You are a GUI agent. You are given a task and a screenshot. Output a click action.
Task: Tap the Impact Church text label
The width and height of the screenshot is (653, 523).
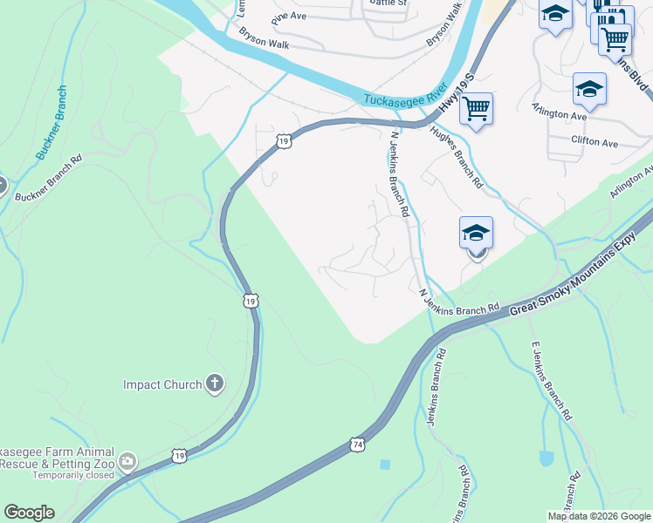click(x=162, y=384)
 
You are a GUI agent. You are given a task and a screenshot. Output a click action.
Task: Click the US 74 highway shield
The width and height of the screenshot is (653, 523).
click(x=358, y=445)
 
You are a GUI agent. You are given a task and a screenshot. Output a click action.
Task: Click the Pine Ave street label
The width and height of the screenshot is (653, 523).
click(x=289, y=17)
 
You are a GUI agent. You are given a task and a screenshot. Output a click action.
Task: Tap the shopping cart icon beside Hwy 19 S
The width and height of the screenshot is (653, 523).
click(x=476, y=109)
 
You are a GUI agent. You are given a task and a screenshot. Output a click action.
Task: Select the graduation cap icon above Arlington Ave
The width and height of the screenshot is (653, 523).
click(x=589, y=89)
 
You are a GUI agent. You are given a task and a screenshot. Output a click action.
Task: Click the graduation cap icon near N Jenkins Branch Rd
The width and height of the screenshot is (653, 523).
click(x=476, y=233)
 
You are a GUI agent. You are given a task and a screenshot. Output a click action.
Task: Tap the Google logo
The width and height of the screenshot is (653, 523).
click(x=28, y=513)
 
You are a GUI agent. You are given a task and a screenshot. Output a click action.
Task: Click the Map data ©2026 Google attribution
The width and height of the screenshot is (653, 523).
click(x=599, y=516)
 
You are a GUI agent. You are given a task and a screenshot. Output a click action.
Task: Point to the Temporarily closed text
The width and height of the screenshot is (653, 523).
click(x=73, y=475)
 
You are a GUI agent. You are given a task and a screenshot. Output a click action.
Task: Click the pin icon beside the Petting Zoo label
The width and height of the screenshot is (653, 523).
click(x=127, y=461)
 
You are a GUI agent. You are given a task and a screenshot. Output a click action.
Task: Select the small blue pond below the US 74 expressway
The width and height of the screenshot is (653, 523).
click(x=385, y=465)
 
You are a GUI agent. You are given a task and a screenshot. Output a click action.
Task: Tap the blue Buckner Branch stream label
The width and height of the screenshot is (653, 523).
click(x=51, y=122)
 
